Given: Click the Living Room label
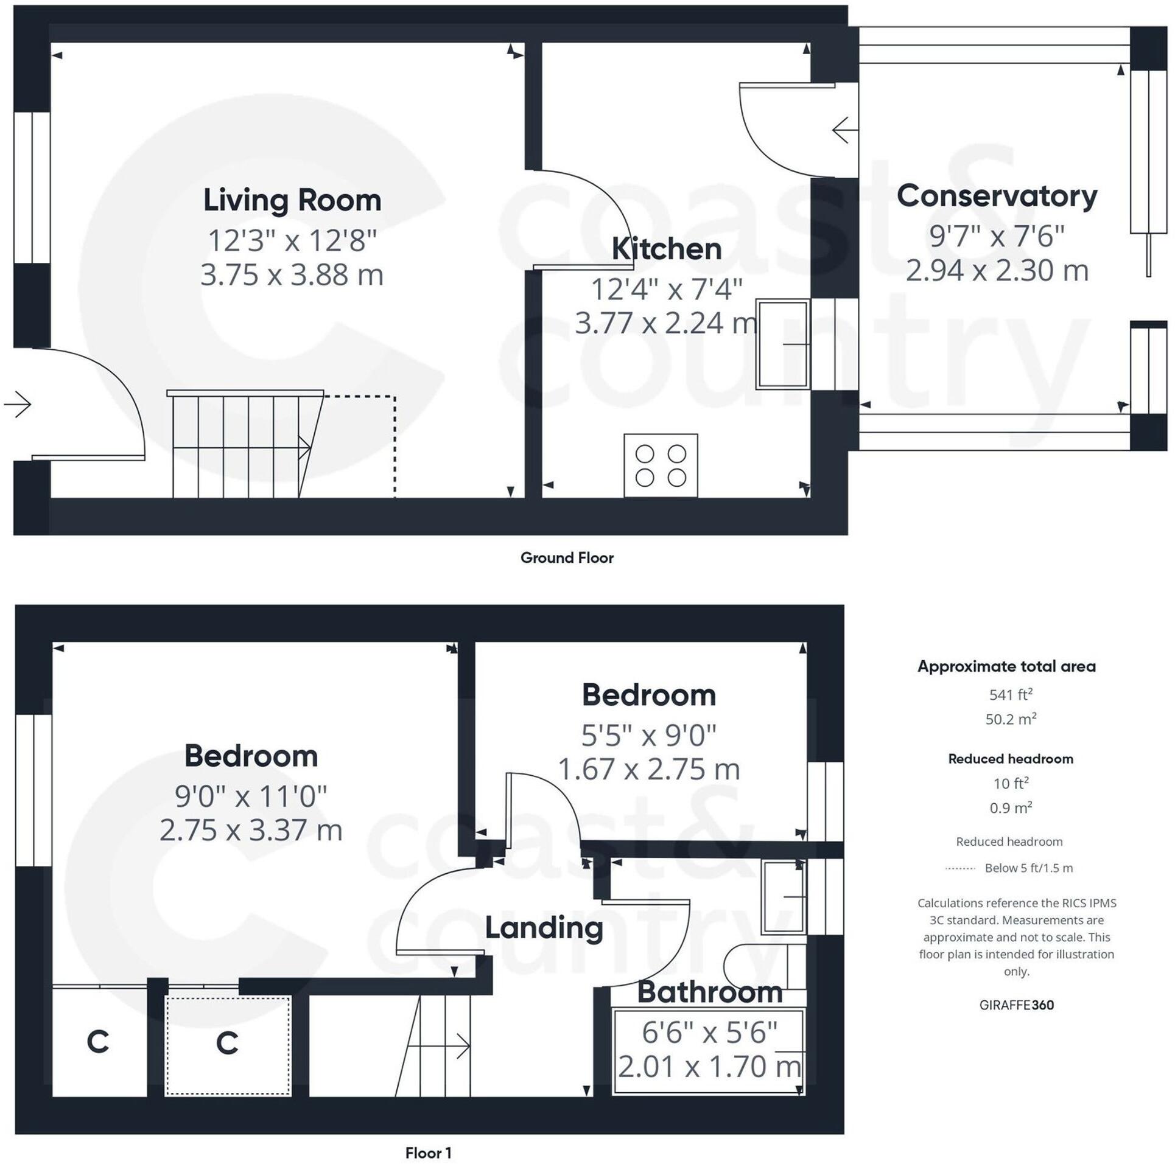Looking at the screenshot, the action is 292,200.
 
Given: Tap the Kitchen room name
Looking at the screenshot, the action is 667,249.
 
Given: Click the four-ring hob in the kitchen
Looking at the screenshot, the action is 661,465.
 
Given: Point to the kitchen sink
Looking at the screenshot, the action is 782,344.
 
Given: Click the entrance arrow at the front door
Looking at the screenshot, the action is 18,403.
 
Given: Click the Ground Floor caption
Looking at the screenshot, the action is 567,558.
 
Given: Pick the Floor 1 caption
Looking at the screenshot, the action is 429,1152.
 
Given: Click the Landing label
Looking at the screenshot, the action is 544,929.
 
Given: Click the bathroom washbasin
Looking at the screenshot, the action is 784,897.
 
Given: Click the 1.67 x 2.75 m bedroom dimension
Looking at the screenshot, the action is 649,770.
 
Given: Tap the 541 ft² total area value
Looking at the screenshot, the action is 1011,694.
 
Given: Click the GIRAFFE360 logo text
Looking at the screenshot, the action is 1016,1005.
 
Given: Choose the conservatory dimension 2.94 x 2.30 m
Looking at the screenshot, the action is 997,271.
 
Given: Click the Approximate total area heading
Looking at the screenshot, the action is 1006,667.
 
